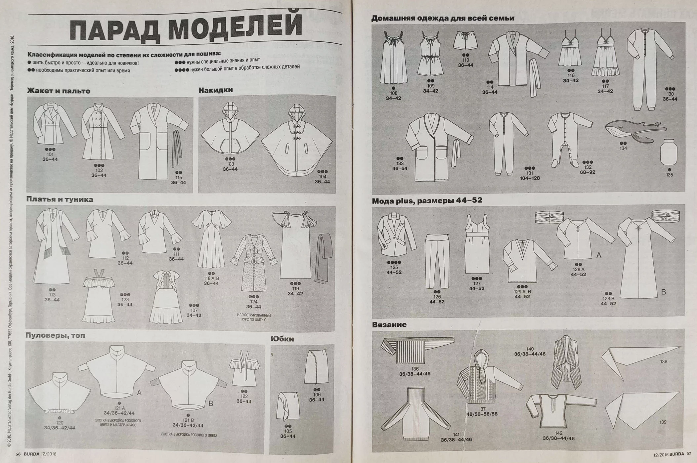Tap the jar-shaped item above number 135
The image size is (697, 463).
[x=669, y=152]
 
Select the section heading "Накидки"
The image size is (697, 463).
[x=216, y=90]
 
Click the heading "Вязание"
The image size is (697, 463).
[x=389, y=325]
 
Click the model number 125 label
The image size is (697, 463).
[x=394, y=267]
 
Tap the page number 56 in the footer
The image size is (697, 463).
[x=18, y=454]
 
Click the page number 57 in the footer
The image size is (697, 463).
[x=689, y=454]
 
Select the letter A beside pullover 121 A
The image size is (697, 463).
[x=139, y=393]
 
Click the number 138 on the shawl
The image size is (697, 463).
[x=663, y=361]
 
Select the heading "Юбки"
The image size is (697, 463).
[x=282, y=339]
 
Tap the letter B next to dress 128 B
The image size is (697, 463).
[x=663, y=292]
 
